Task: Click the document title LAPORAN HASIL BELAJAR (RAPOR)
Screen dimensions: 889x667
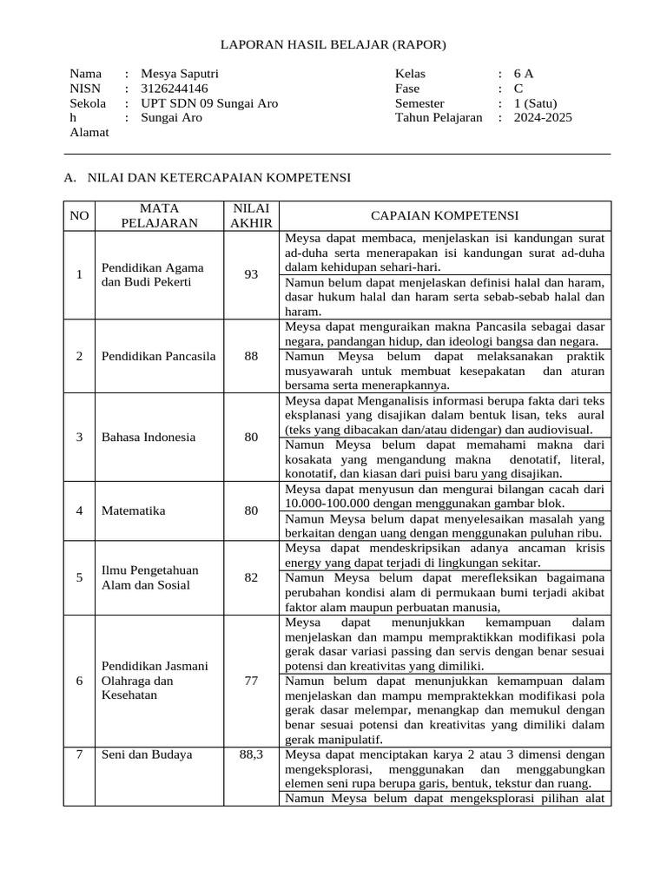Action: click(x=333, y=44)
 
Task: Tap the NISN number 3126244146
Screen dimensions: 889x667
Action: click(x=174, y=89)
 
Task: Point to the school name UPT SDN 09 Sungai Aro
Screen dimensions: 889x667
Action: click(x=209, y=103)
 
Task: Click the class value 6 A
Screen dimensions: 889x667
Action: click(x=524, y=74)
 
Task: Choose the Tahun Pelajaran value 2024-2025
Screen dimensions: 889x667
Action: click(x=543, y=117)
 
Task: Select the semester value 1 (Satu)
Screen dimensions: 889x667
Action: click(x=538, y=103)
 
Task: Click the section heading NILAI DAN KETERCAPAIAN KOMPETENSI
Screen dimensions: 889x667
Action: click(x=219, y=177)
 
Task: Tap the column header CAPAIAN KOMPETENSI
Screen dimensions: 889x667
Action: click(x=445, y=215)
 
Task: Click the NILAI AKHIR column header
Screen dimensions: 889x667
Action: click(x=251, y=215)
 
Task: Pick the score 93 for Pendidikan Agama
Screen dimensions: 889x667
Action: click(x=251, y=274)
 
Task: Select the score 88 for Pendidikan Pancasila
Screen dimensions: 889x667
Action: click(x=251, y=356)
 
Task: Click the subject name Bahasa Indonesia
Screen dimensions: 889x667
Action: click(x=148, y=437)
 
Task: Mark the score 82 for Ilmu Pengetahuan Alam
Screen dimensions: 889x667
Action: click(x=251, y=577)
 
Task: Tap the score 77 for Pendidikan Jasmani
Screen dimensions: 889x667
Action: click(x=251, y=681)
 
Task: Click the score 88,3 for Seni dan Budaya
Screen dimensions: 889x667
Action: click(x=251, y=754)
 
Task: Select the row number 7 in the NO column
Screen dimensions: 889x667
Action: click(x=79, y=754)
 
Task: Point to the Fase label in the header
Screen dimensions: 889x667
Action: click(x=407, y=89)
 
